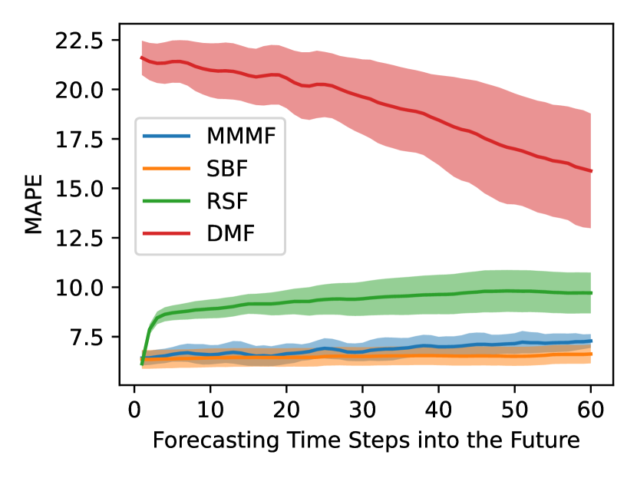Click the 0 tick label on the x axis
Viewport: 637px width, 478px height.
click(x=134, y=404)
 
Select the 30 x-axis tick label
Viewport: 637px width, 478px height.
click(x=362, y=404)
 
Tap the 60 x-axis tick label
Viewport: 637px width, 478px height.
click(x=591, y=404)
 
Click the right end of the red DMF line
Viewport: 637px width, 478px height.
click(x=591, y=170)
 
